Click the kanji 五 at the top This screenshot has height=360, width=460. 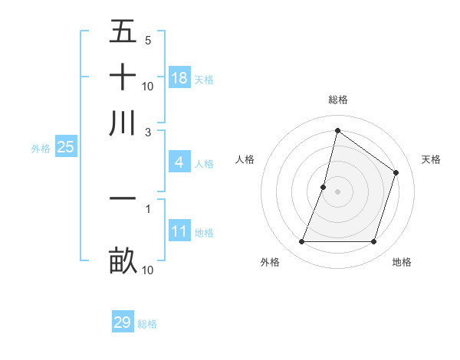pos(123,32)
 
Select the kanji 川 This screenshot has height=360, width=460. pos(123,123)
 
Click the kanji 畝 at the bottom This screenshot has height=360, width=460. pos(123,260)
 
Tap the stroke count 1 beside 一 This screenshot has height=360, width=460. pos(148,207)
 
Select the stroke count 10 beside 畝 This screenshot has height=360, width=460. pos(148,270)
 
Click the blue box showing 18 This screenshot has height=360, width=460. pos(179,78)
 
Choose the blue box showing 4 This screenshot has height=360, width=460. pos(179,162)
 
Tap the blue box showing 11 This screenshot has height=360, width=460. pos(179,231)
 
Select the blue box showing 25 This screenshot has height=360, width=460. pos(65,147)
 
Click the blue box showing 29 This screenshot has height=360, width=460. pos(123,322)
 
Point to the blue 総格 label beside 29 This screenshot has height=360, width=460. pos(147,324)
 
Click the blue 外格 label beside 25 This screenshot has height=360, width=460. pos(41,149)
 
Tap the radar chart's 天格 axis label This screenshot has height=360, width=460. pos(431,159)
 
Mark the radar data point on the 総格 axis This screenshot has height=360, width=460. pos(337,131)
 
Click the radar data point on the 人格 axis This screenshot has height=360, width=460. pos(324,187)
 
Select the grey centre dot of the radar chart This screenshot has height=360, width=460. pos(337,191)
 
